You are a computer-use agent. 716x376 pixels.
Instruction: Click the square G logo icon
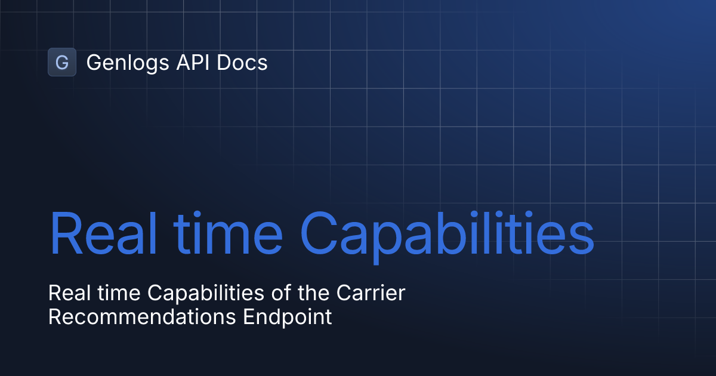(62, 62)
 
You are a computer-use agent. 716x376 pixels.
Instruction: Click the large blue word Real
(102, 233)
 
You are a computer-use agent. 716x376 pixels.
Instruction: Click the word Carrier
(371, 293)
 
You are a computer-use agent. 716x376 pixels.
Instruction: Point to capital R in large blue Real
(65, 233)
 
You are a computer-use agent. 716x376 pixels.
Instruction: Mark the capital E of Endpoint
(248, 317)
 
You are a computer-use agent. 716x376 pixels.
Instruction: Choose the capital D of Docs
(224, 62)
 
